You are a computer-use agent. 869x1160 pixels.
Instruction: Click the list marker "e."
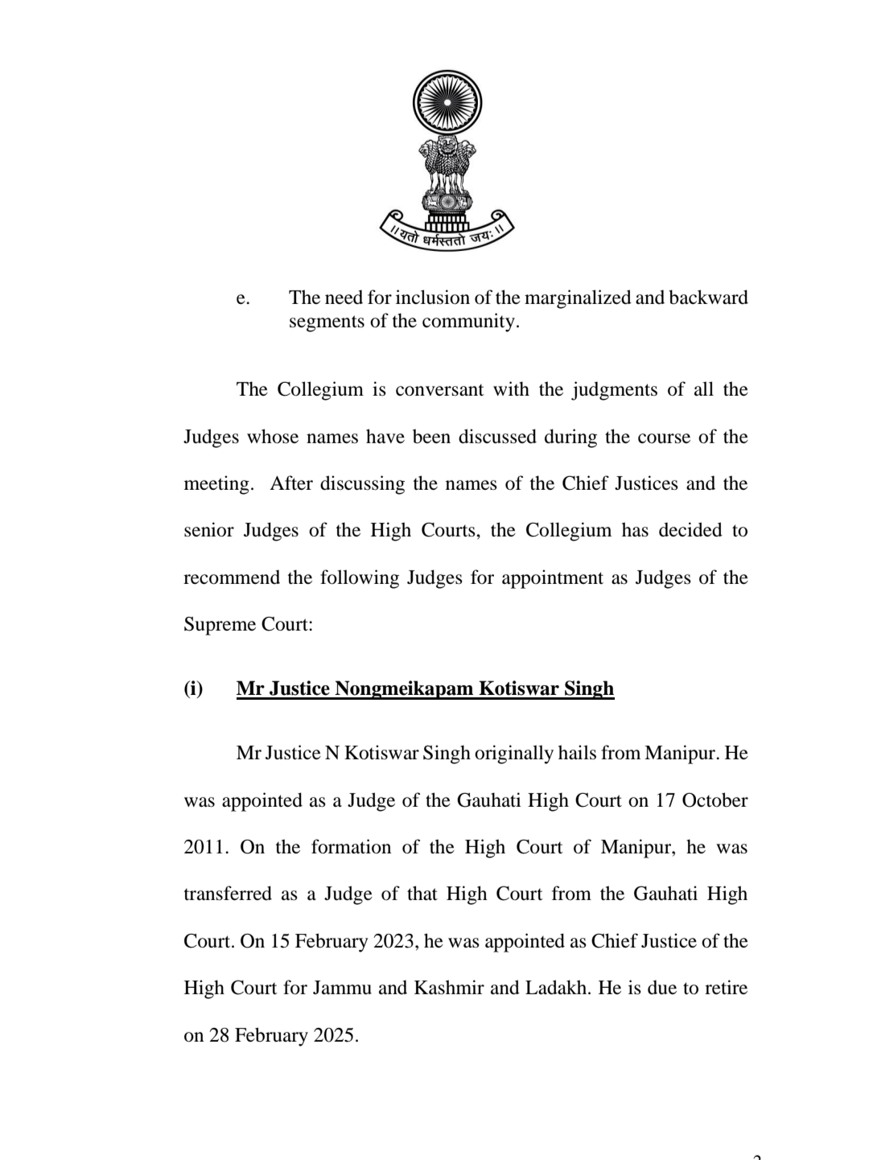click(x=243, y=298)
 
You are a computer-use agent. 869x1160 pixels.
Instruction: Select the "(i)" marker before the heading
click(x=193, y=689)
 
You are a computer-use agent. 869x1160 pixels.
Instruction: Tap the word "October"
click(x=715, y=801)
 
